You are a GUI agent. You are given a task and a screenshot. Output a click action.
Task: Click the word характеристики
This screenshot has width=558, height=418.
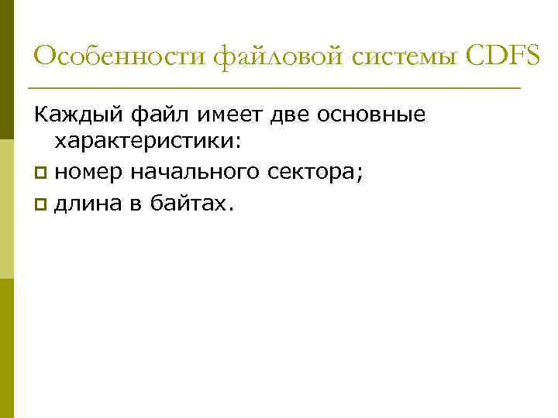point(144,142)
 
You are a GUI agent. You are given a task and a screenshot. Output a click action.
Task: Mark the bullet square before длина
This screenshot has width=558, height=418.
point(40,204)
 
